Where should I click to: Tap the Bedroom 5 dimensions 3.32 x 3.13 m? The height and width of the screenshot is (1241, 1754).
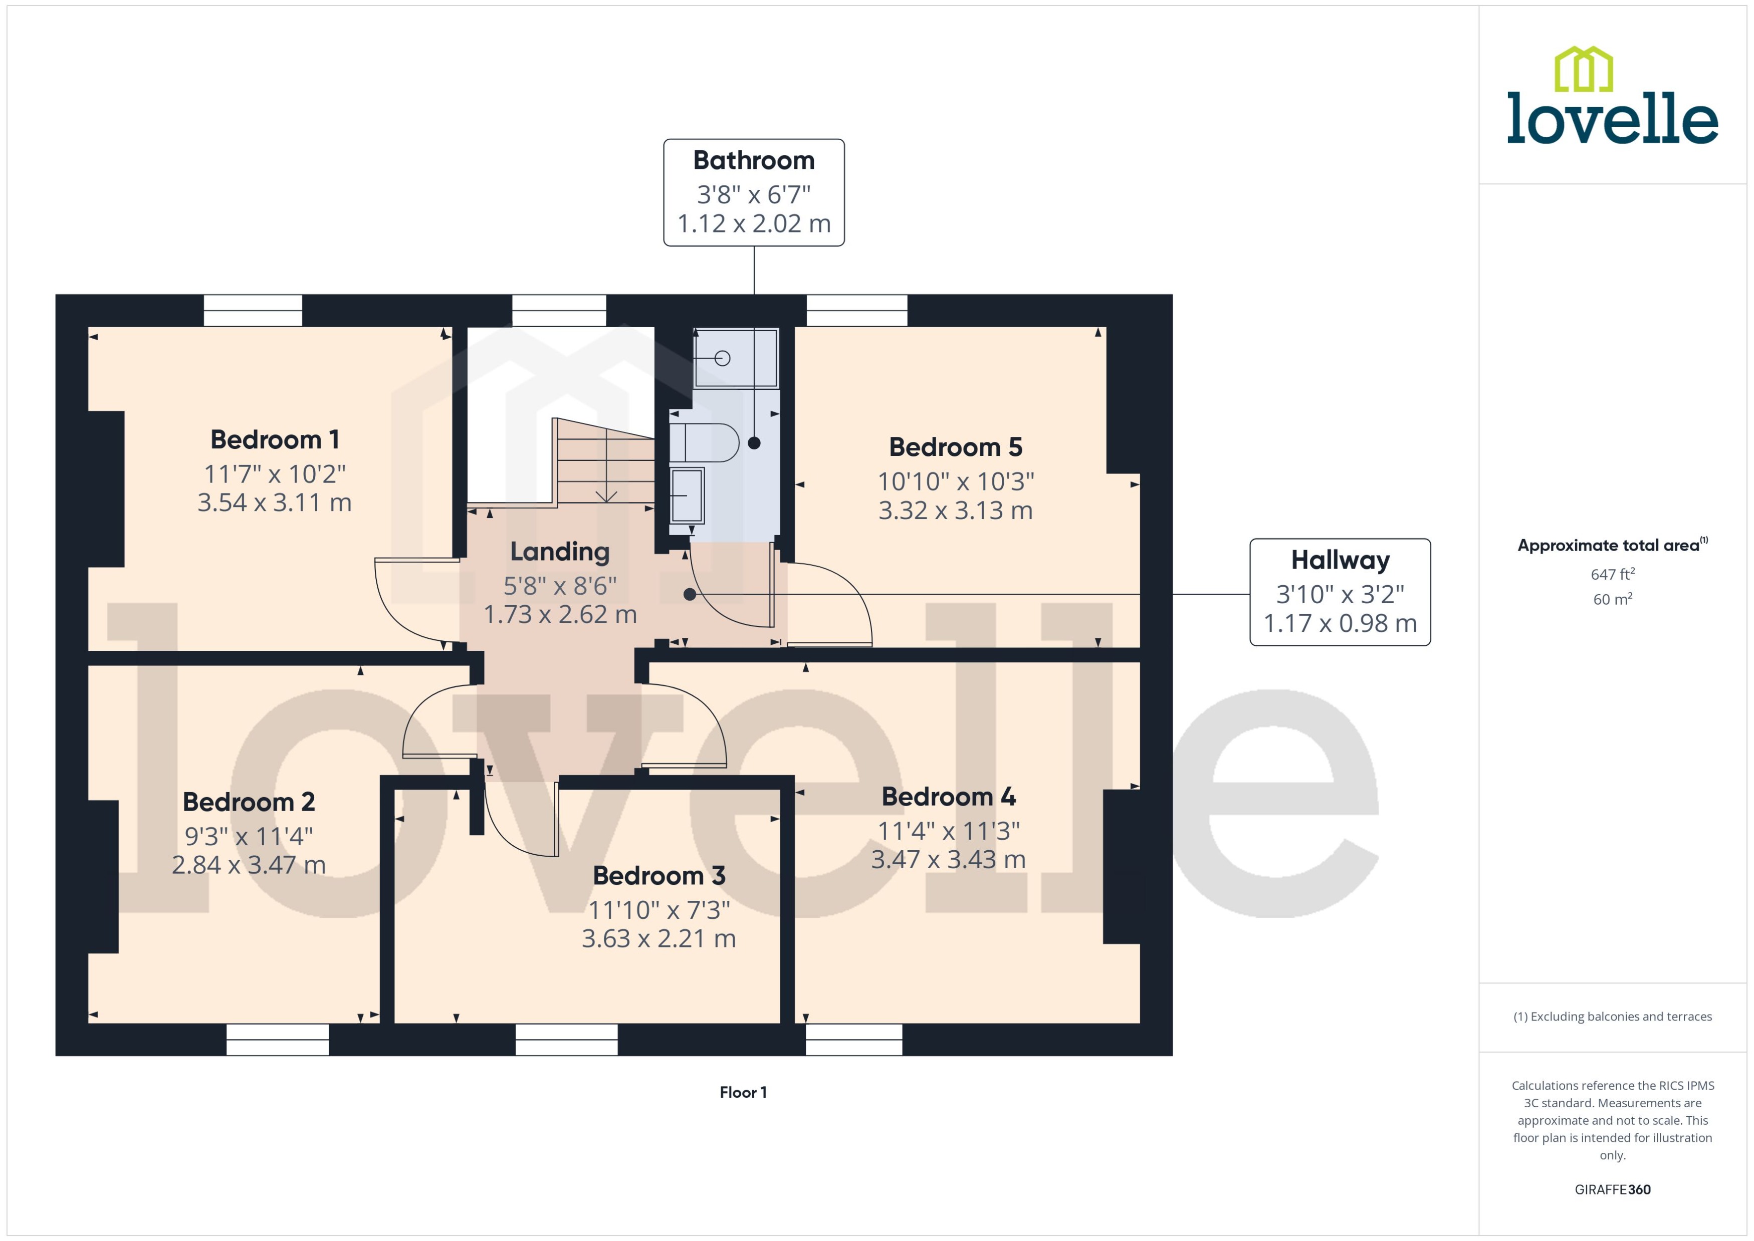[x=955, y=511]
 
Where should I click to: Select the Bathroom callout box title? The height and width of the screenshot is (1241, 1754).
[x=754, y=160]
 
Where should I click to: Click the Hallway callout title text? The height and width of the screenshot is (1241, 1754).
[x=1339, y=560]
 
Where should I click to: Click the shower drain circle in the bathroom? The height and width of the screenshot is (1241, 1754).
[x=722, y=358]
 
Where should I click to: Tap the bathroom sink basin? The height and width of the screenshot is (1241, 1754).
[x=687, y=495]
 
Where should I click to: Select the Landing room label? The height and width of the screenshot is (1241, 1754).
[x=559, y=552]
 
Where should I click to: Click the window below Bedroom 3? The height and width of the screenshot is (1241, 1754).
[x=566, y=1039]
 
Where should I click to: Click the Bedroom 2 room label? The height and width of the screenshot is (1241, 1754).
[x=249, y=802]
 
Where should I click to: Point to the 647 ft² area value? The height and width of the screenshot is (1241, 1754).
[x=1612, y=574]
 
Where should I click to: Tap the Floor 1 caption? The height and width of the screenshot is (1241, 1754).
[x=742, y=1092]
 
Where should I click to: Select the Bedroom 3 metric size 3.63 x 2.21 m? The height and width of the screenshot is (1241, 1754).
[x=658, y=938]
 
